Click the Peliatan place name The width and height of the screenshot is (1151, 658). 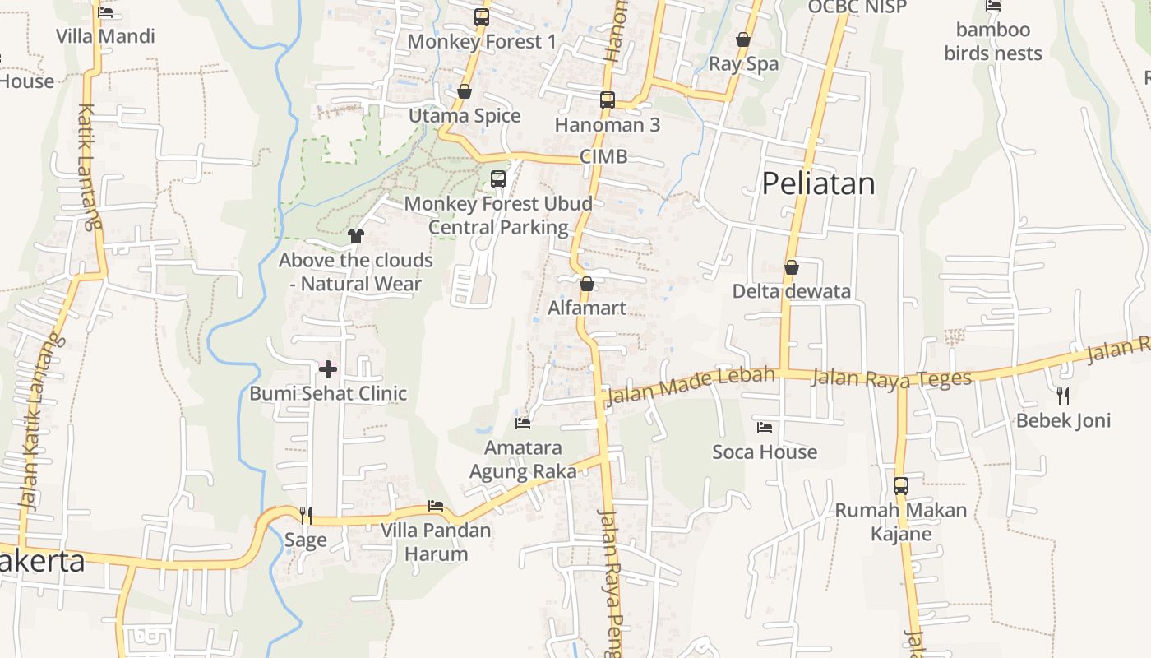818,183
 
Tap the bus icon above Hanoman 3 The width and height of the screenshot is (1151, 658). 608,100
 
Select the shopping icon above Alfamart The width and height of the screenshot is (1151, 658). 587,285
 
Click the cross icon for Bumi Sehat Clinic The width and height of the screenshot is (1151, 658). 328,369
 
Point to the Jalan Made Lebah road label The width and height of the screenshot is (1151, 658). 690,386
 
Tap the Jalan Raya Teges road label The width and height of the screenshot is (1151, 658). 891,378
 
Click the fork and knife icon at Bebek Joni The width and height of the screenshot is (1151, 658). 1063,396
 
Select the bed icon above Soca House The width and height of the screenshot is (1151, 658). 765,428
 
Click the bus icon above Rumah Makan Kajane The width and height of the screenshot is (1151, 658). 901,486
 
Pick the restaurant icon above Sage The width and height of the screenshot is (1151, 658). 306,516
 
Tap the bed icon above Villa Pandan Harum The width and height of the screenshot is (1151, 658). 436,506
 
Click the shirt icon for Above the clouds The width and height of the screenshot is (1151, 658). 355,236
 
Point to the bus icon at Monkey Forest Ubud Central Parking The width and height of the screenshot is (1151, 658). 498,179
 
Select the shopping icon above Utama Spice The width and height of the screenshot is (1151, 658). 465,91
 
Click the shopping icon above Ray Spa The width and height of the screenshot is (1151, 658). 743,39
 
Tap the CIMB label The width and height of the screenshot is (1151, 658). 603,156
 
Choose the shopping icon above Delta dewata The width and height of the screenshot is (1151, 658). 792,267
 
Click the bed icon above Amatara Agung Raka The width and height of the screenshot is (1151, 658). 523,424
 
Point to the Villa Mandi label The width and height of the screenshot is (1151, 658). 105,36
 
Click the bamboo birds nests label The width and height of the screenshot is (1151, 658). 993,42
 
